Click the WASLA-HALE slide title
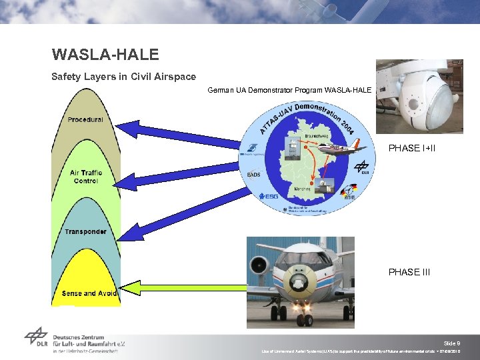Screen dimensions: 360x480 click(105, 54)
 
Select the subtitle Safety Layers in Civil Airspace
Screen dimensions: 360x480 click(123, 77)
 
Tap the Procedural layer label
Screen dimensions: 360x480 click(85, 120)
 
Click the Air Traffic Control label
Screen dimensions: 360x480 click(86, 177)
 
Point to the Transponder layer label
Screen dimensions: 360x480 click(85, 232)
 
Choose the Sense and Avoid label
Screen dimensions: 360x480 click(89, 293)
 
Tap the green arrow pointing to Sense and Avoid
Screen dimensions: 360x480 click(187, 287)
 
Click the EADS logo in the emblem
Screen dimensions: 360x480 click(253, 175)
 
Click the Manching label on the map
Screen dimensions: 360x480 click(302, 189)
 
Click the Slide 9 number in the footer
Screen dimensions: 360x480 click(452, 343)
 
